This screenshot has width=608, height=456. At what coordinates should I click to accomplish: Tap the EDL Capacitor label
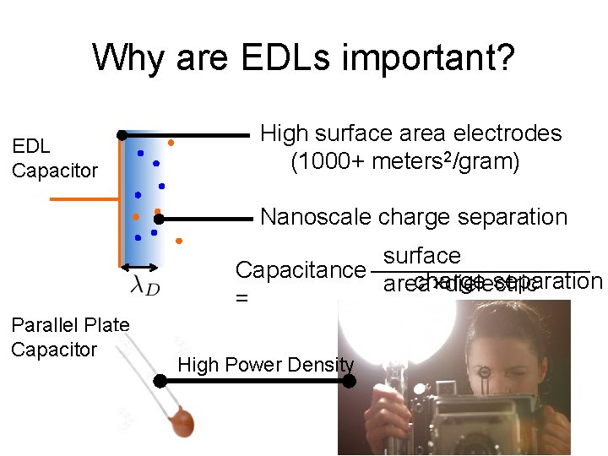54,159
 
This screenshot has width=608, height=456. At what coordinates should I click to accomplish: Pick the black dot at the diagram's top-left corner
122,134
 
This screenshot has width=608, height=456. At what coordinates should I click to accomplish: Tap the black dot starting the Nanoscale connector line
158,219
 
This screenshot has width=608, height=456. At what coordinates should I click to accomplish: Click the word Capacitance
299,270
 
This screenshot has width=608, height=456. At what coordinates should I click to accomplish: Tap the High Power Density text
265,365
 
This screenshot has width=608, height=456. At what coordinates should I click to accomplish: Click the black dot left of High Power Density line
160,382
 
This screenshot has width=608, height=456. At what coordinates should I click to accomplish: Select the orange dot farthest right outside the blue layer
179,241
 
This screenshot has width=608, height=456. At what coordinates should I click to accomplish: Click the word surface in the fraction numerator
421,256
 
